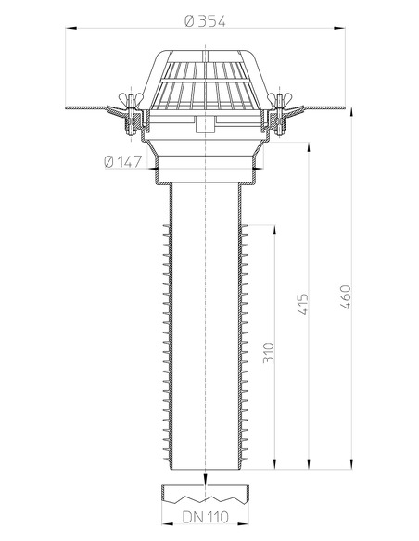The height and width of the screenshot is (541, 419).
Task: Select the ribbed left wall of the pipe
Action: coord(167,343)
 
